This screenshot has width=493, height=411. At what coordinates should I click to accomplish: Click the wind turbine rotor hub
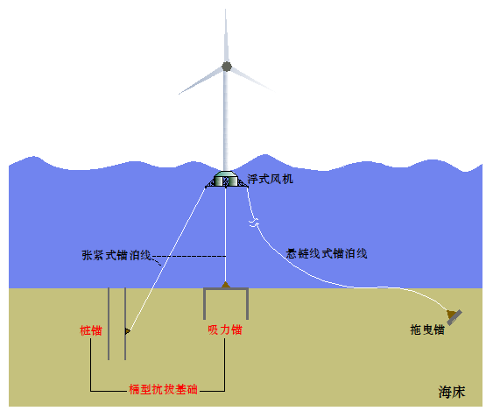pos(227,67)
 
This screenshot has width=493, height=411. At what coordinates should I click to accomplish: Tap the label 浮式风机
pos(270,179)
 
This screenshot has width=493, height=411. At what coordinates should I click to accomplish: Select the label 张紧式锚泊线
pos(116,255)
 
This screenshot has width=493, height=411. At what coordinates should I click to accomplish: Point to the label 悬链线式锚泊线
pos(327,253)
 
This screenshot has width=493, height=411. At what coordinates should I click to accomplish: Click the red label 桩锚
pos(91,330)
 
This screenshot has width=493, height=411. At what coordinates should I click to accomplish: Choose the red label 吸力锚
pos(225,330)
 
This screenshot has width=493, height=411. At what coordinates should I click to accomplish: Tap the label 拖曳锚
pos(427,330)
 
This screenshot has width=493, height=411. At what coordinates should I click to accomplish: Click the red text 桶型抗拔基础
pos(163,389)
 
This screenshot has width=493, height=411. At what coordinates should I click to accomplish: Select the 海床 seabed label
pos(452,392)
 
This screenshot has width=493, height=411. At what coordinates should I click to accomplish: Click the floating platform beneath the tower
pos(227,180)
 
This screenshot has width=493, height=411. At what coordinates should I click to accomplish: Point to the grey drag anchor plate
pos(454,318)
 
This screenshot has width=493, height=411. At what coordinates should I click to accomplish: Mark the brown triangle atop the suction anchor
pos(226,285)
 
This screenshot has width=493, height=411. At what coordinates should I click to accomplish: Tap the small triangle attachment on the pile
pos(128,330)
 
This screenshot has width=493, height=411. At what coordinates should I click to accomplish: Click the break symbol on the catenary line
pos(254,223)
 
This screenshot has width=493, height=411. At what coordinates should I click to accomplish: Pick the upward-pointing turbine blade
pos(226,35)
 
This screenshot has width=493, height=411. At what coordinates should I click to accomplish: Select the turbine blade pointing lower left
pos(201,81)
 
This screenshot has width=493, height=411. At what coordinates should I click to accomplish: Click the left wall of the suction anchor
pos(205,304)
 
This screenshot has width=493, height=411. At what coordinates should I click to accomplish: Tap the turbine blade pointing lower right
pos(252,79)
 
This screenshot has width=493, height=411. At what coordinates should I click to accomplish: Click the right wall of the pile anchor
pos(125,323)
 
